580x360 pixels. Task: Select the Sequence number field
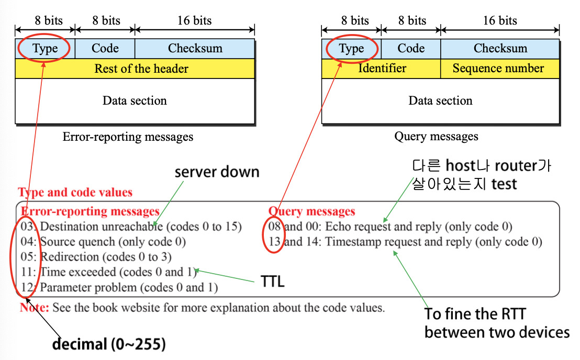click(x=498, y=68)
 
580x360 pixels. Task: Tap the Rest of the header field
click(x=141, y=69)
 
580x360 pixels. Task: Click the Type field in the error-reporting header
click(x=45, y=49)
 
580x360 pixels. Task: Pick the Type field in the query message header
click(x=351, y=49)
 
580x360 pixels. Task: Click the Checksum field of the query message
click(x=500, y=48)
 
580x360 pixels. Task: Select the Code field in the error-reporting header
click(x=105, y=48)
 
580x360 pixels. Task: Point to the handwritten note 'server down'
click(x=217, y=172)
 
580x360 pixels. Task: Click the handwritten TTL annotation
click(x=272, y=282)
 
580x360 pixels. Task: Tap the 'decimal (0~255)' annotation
click(x=108, y=344)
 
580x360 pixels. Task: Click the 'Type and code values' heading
click(x=75, y=192)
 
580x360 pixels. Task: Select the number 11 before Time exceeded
click(x=28, y=272)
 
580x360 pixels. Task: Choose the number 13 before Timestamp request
click(x=274, y=242)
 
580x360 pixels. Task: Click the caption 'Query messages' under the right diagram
click(x=436, y=137)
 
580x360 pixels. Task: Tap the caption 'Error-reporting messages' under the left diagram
click(x=128, y=137)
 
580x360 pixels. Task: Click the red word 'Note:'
click(x=35, y=308)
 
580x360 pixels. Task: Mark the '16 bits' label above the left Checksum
click(x=194, y=21)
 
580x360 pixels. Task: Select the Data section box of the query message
click(x=440, y=100)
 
